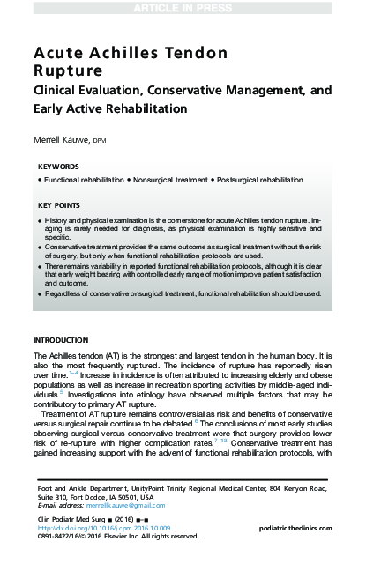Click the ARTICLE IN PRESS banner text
(190, 8)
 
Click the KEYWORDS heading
(59, 166)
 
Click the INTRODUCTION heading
(60, 340)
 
